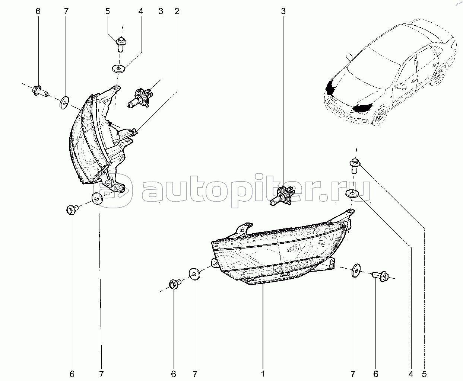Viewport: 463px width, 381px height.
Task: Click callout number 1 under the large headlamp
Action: [263, 374]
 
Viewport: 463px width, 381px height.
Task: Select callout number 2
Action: [177, 11]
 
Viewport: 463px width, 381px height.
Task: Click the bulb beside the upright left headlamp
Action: [140, 98]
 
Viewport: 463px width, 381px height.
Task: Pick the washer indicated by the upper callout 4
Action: [118, 68]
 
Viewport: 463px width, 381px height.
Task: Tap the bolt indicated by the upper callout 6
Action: [40, 91]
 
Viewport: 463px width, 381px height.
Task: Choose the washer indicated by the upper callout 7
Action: [64, 103]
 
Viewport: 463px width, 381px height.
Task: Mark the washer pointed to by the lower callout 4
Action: [352, 193]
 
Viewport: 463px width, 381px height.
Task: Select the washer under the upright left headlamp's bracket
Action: [97, 199]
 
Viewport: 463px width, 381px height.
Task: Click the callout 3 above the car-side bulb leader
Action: [283, 11]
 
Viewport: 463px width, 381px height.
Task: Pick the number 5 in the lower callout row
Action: [424, 374]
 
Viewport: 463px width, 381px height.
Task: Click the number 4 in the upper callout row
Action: [140, 11]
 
